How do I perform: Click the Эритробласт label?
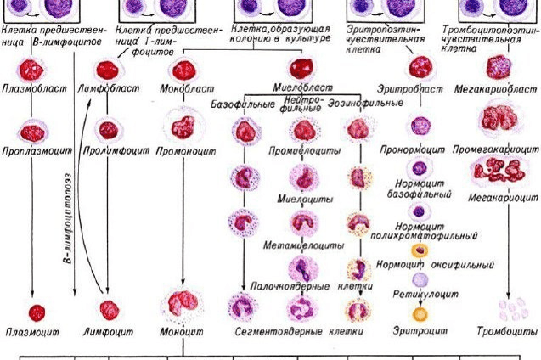pos(419,87)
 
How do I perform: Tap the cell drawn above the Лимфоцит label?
pos(107,309)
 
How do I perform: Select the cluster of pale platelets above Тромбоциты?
pos(510,307)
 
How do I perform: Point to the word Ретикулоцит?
pos(418,290)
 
